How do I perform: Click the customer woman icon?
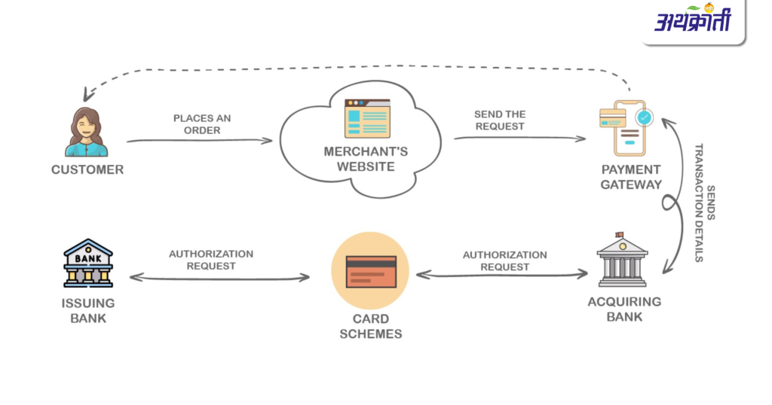click(87, 132)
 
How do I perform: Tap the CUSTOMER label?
click(87, 170)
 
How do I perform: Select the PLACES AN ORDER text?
click(202, 124)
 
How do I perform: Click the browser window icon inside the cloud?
click(367, 119)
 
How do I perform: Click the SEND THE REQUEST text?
click(500, 120)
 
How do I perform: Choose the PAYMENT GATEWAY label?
click(631, 177)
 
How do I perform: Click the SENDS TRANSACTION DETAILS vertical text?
click(704, 202)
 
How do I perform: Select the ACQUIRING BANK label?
click(624, 309)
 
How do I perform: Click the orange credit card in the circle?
click(370, 271)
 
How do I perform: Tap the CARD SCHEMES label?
click(370, 327)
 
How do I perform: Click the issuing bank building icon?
click(88, 263)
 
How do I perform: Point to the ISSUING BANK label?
click(88, 310)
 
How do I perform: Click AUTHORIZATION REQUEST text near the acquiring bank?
click(505, 260)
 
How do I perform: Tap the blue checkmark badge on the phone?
click(644, 117)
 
